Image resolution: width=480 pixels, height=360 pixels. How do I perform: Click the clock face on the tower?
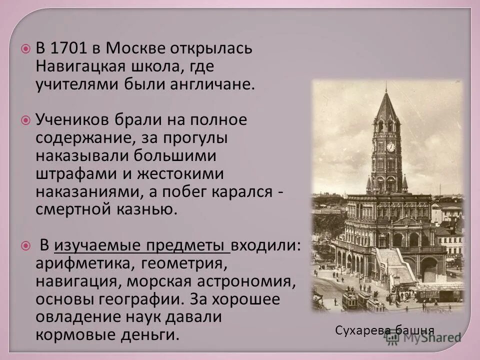click(390, 146)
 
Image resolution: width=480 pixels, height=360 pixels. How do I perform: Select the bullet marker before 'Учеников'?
click(25, 120)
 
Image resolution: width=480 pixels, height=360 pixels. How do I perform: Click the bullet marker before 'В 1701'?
click(25, 49)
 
